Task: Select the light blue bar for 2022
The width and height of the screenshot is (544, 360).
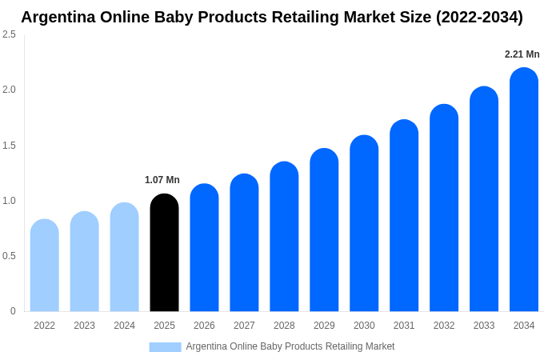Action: (x=44, y=266)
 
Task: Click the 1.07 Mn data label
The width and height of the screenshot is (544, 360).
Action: (x=162, y=180)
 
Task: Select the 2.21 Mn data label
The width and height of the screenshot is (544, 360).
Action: (x=522, y=54)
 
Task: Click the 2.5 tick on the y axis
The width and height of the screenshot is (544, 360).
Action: (x=9, y=34)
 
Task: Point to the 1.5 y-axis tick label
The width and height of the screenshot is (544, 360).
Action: (x=9, y=146)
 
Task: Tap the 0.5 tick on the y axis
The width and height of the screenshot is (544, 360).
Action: (x=9, y=256)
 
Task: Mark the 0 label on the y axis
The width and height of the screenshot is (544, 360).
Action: (x=13, y=311)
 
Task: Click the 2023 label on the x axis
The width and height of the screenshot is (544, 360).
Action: (x=84, y=326)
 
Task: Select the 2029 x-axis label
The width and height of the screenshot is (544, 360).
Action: (x=324, y=326)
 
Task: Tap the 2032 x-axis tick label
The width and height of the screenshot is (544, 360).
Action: (x=444, y=326)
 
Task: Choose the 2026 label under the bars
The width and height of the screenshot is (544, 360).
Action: (x=204, y=326)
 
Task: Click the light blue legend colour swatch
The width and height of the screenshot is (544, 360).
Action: (x=165, y=346)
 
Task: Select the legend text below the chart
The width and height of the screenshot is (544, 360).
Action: (x=290, y=346)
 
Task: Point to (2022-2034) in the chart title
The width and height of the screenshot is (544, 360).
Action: (x=479, y=17)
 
